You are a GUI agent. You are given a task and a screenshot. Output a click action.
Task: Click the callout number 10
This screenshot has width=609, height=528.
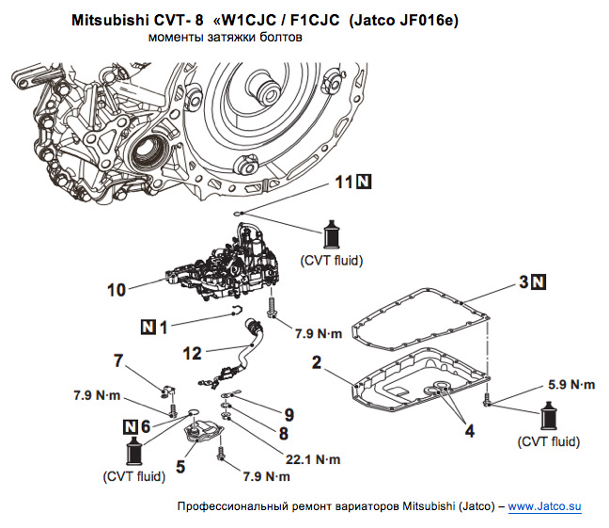click(x=116, y=291)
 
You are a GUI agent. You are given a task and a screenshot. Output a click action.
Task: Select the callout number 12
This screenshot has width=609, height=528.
click(x=193, y=353)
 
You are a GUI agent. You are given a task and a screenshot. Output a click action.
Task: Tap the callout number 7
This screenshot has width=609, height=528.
click(x=118, y=360)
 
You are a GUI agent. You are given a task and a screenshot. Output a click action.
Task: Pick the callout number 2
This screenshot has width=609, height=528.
click(x=317, y=362)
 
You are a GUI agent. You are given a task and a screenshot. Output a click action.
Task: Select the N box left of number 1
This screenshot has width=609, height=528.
click(x=148, y=327)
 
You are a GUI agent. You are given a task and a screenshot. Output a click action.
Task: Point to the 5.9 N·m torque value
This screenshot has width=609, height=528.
click(x=570, y=384)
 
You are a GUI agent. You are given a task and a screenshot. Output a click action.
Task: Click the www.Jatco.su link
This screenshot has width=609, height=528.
click(x=545, y=507)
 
